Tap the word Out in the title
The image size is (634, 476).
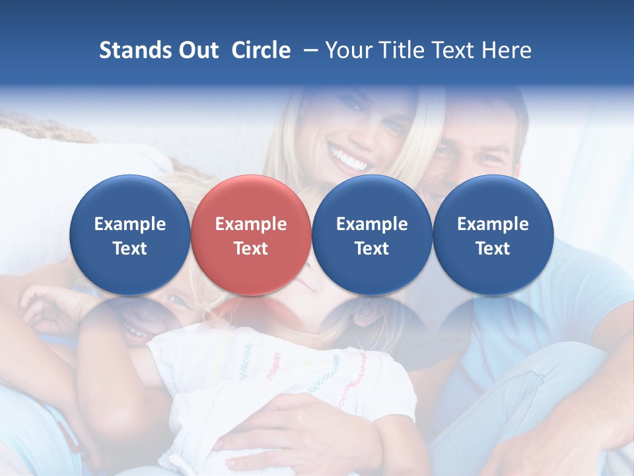click(x=197, y=50)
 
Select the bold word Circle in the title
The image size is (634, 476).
click(x=261, y=50)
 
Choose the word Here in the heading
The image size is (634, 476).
click(x=505, y=50)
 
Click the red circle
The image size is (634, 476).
click(x=250, y=235)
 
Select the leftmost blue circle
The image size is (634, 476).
click(x=129, y=235)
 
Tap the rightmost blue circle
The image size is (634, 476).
click(x=493, y=235)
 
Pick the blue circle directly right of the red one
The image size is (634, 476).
click(x=372, y=235)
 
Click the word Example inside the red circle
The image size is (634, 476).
click(x=250, y=224)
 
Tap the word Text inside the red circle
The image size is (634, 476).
click(x=250, y=249)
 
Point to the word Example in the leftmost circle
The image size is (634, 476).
click(x=129, y=224)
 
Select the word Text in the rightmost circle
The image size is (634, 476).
click(x=493, y=249)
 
